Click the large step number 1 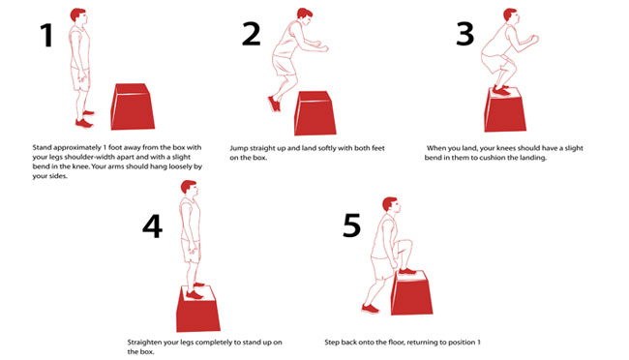coord(46,35)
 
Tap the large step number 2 coord(252,34)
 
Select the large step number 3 coord(465,34)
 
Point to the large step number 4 coord(153,226)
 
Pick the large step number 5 coord(352,225)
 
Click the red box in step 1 coord(133,106)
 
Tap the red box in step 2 coord(314,113)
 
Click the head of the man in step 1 coord(78,16)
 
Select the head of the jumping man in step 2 coord(305,16)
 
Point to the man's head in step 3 coord(511,16)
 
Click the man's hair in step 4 coord(188,186)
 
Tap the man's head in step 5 coord(391,206)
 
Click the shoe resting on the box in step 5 coord(407,271)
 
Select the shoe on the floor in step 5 coord(370,309)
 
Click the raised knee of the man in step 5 coord(407,244)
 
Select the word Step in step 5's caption coord(332,343)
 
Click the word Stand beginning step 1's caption coord(43,148)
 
